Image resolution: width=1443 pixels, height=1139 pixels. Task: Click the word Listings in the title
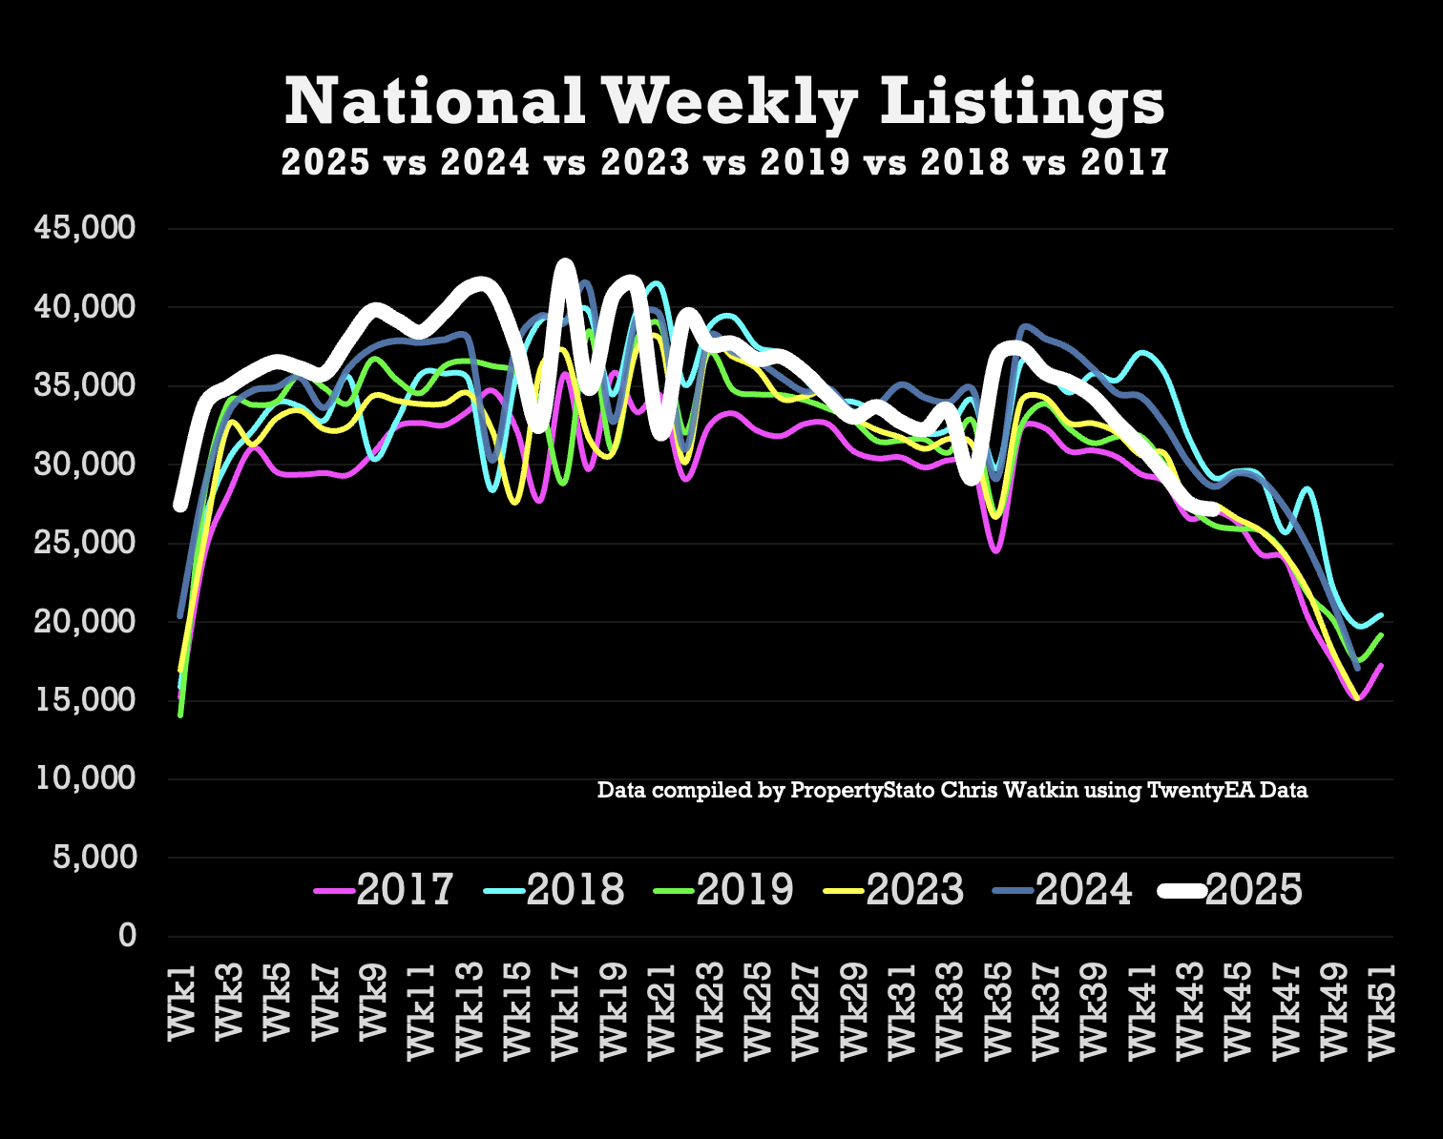(x=1021, y=101)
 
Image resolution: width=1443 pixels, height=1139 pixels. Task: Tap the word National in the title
(x=434, y=101)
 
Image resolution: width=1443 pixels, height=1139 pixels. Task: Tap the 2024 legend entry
(x=1064, y=889)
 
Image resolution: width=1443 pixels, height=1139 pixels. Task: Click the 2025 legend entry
(x=1231, y=889)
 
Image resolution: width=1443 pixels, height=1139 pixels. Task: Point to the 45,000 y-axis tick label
(x=85, y=228)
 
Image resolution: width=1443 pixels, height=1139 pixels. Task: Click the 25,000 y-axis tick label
(x=85, y=543)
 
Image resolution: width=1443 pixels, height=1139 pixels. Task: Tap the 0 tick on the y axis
(x=127, y=936)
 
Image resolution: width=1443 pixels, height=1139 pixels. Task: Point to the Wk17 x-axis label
(x=565, y=1011)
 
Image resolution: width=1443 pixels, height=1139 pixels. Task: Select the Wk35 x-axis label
(x=997, y=1011)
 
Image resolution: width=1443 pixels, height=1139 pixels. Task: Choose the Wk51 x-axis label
(x=1381, y=1011)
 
